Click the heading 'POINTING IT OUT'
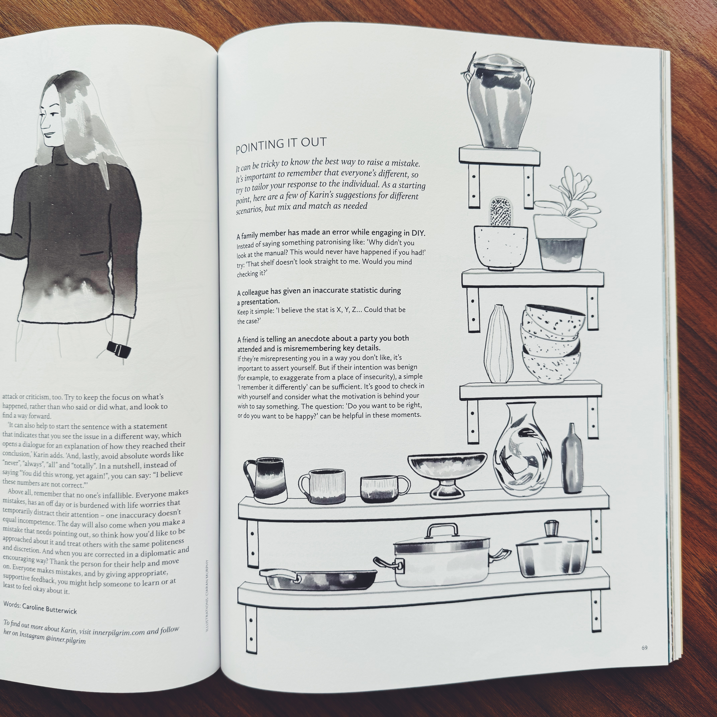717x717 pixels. coord(281,144)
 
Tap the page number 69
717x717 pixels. coord(644,658)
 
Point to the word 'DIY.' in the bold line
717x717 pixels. coord(418,233)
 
